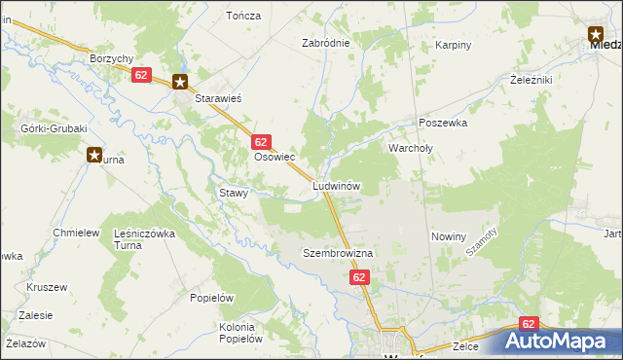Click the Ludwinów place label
[x=338, y=185]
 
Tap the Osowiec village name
[x=275, y=157]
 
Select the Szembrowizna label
[x=338, y=253]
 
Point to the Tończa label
[x=243, y=16]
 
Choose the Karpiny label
[x=454, y=45]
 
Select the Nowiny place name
[x=449, y=236]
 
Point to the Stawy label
[x=235, y=193]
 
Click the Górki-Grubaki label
[x=54, y=128]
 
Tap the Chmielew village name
[x=77, y=233]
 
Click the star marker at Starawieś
[x=180, y=83]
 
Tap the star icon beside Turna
[x=94, y=154]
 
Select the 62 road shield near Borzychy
[x=141, y=75]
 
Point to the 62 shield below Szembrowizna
[x=359, y=277]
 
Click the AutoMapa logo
[x=560, y=341]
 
